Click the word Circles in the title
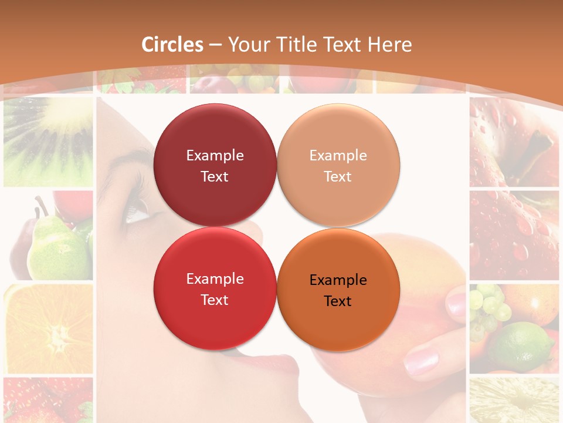[172, 45]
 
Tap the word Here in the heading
[389, 45]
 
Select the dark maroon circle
[215, 165]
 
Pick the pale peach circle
[338, 165]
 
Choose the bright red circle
[215, 288]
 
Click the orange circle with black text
[338, 290]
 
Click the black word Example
[338, 280]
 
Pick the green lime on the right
[522, 347]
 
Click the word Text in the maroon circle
[215, 176]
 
